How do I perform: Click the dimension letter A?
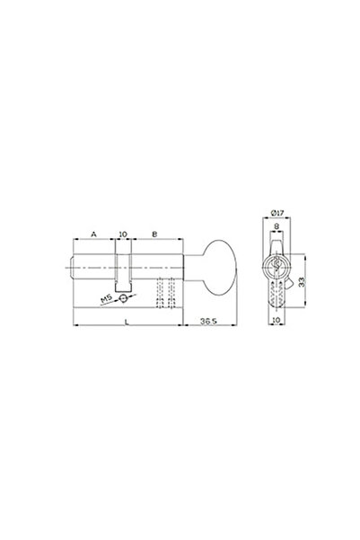(93, 235)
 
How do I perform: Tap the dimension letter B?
(154, 235)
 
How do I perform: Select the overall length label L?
(127, 322)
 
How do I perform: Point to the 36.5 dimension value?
(208, 322)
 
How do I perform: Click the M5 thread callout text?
(106, 299)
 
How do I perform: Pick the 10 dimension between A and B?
(123, 235)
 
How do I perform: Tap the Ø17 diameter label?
(277, 213)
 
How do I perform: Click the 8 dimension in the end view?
(277, 226)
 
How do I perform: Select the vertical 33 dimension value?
(302, 282)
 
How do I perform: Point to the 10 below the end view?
(276, 320)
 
